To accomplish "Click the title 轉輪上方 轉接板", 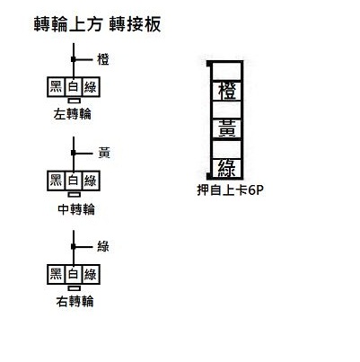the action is point(98,24).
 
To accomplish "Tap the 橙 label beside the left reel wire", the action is point(103,59).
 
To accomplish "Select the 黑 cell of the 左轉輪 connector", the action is point(57,87).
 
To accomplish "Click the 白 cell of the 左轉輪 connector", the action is point(74,87).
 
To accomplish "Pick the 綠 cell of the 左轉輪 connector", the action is point(91,87).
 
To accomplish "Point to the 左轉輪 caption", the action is point(73,114).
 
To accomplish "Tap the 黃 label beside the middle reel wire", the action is point(104,153).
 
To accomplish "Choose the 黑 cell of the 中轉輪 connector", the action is point(57,181).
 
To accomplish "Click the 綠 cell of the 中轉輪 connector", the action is point(91,181).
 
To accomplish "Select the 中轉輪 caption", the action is point(76,209).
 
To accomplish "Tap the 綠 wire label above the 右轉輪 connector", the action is point(103,246).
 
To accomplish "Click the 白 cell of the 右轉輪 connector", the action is point(74,274).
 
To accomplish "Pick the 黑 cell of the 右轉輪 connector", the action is point(57,274).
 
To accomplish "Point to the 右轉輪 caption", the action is point(75,301).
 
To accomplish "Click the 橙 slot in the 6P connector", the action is point(227,91).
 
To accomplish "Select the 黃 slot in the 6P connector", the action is point(227,128).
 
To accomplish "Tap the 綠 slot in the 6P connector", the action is point(227,167).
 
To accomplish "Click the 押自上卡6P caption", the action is point(230,190).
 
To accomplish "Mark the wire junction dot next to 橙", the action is point(74,59).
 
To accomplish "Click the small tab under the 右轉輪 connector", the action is point(74,288).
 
